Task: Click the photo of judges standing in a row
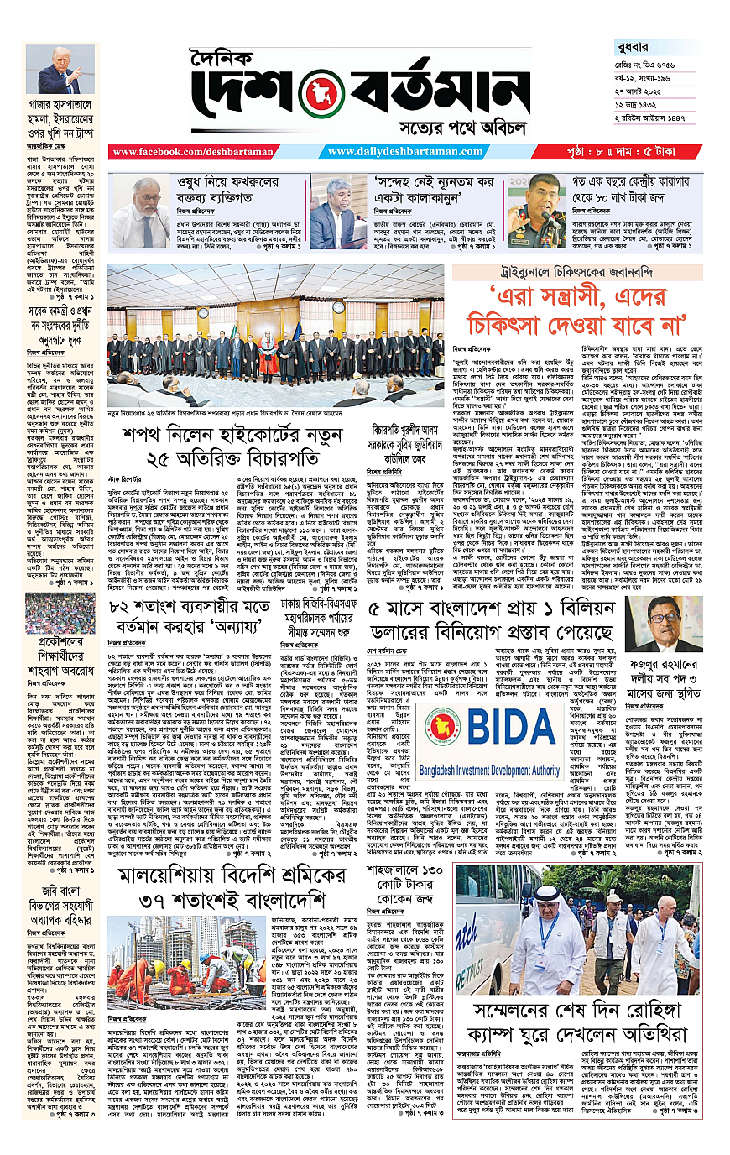click(275, 332)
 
